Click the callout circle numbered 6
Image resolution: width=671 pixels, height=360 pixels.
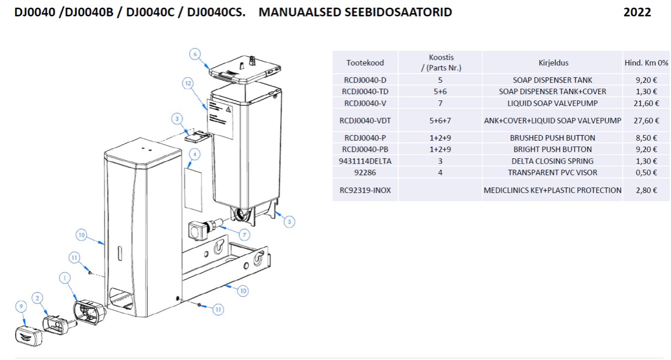195,54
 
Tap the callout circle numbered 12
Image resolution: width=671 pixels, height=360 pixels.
188,83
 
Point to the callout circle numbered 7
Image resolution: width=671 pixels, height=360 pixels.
243,235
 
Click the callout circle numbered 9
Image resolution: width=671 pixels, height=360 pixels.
21,307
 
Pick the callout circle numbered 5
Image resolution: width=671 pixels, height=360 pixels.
289,221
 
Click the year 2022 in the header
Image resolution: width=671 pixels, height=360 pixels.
637,12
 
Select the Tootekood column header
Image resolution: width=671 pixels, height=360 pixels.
365,63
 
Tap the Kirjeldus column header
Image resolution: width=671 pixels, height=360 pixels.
553,63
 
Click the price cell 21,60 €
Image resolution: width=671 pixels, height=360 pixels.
646,103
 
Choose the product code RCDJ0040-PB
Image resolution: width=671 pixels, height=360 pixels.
365,149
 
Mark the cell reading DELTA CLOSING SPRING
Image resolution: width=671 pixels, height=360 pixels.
553,161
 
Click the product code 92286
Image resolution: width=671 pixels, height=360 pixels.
365,172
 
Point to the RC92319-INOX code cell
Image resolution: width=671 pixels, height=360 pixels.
365,190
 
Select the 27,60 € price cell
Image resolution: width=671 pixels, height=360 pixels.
646,121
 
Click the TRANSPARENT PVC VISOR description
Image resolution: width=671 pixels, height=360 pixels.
553,172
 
